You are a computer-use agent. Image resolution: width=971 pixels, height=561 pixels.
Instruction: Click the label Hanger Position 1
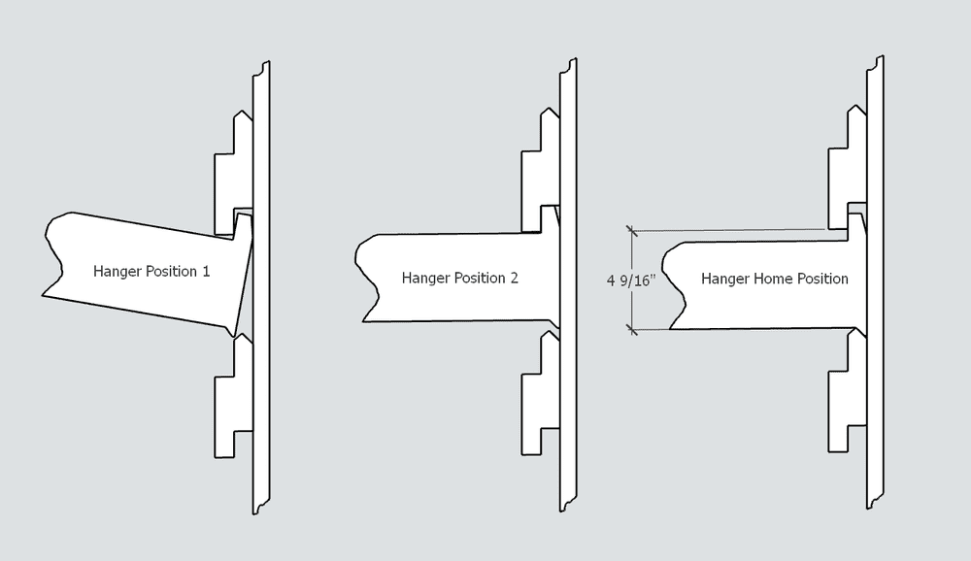pyautogui.click(x=151, y=271)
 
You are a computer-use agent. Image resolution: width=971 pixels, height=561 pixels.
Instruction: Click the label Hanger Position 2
pyautogui.click(x=459, y=278)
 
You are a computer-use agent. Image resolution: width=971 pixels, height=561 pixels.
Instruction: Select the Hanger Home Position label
pyautogui.click(x=774, y=279)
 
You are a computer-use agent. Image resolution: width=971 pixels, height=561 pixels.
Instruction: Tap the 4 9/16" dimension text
pyautogui.click(x=631, y=280)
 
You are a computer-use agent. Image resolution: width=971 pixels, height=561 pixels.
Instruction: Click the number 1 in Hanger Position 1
pyautogui.click(x=206, y=271)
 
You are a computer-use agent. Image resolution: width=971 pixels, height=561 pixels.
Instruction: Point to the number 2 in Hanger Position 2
pyautogui.click(x=514, y=278)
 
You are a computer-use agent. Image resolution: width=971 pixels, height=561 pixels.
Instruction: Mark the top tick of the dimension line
pyautogui.click(x=632, y=230)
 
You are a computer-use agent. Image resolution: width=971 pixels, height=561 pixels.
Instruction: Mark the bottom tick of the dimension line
pyautogui.click(x=632, y=330)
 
